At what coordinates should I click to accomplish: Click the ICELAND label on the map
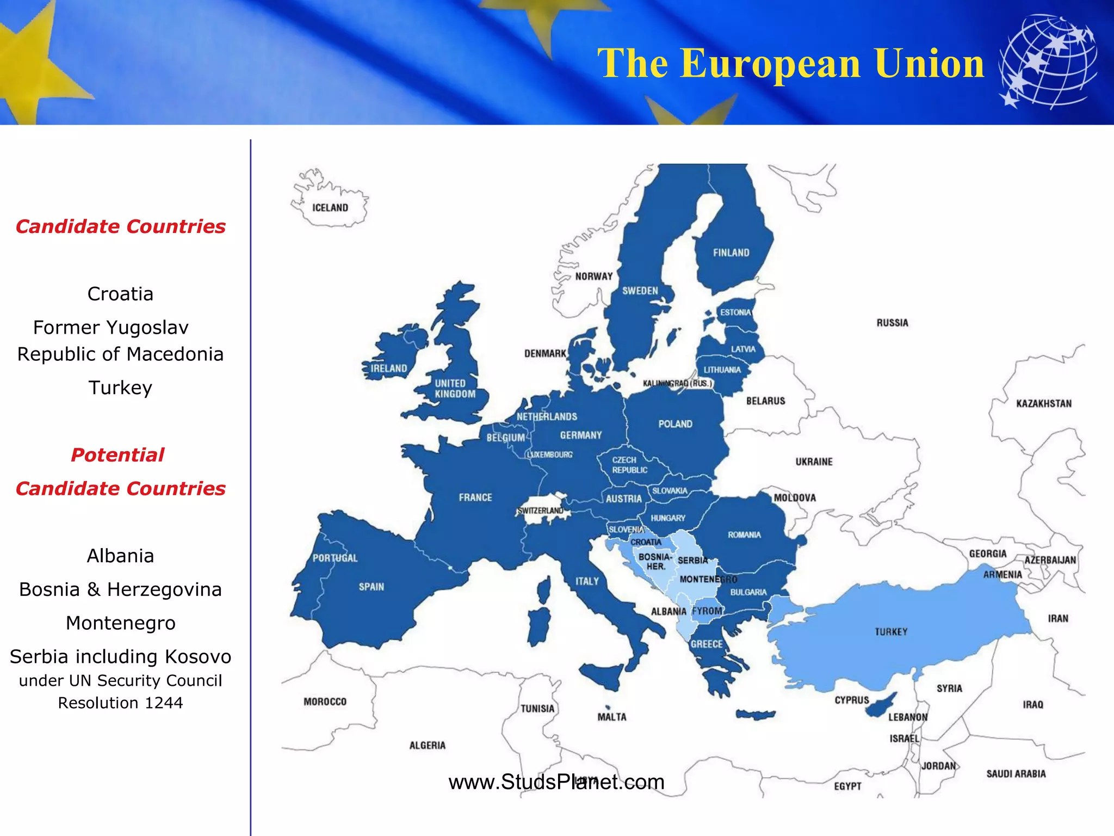pyautogui.click(x=330, y=208)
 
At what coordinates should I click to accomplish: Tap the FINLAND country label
pyautogui.click(x=731, y=253)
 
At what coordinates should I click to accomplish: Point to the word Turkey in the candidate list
pyautogui.click(x=120, y=388)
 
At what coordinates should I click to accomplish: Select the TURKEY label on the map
pyautogui.click(x=891, y=632)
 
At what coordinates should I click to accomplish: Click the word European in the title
pyautogui.click(x=771, y=64)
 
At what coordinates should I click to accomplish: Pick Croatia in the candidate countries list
pyautogui.click(x=120, y=294)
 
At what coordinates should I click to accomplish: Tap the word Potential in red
pyautogui.click(x=117, y=455)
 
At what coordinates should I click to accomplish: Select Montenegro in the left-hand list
pyautogui.click(x=120, y=623)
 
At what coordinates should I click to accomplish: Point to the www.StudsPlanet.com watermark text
pyautogui.click(x=556, y=782)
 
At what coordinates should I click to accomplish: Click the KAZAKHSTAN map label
pyautogui.click(x=1043, y=404)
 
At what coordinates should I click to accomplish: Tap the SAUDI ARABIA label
pyautogui.click(x=1016, y=774)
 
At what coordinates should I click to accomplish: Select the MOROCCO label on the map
pyautogui.click(x=325, y=702)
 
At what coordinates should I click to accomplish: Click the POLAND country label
pyautogui.click(x=675, y=424)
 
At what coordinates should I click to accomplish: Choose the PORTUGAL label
pyautogui.click(x=335, y=558)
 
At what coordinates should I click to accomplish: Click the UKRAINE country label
pyautogui.click(x=814, y=462)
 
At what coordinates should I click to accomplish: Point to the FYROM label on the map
pyautogui.click(x=707, y=611)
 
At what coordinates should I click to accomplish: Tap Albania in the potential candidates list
pyautogui.click(x=120, y=556)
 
